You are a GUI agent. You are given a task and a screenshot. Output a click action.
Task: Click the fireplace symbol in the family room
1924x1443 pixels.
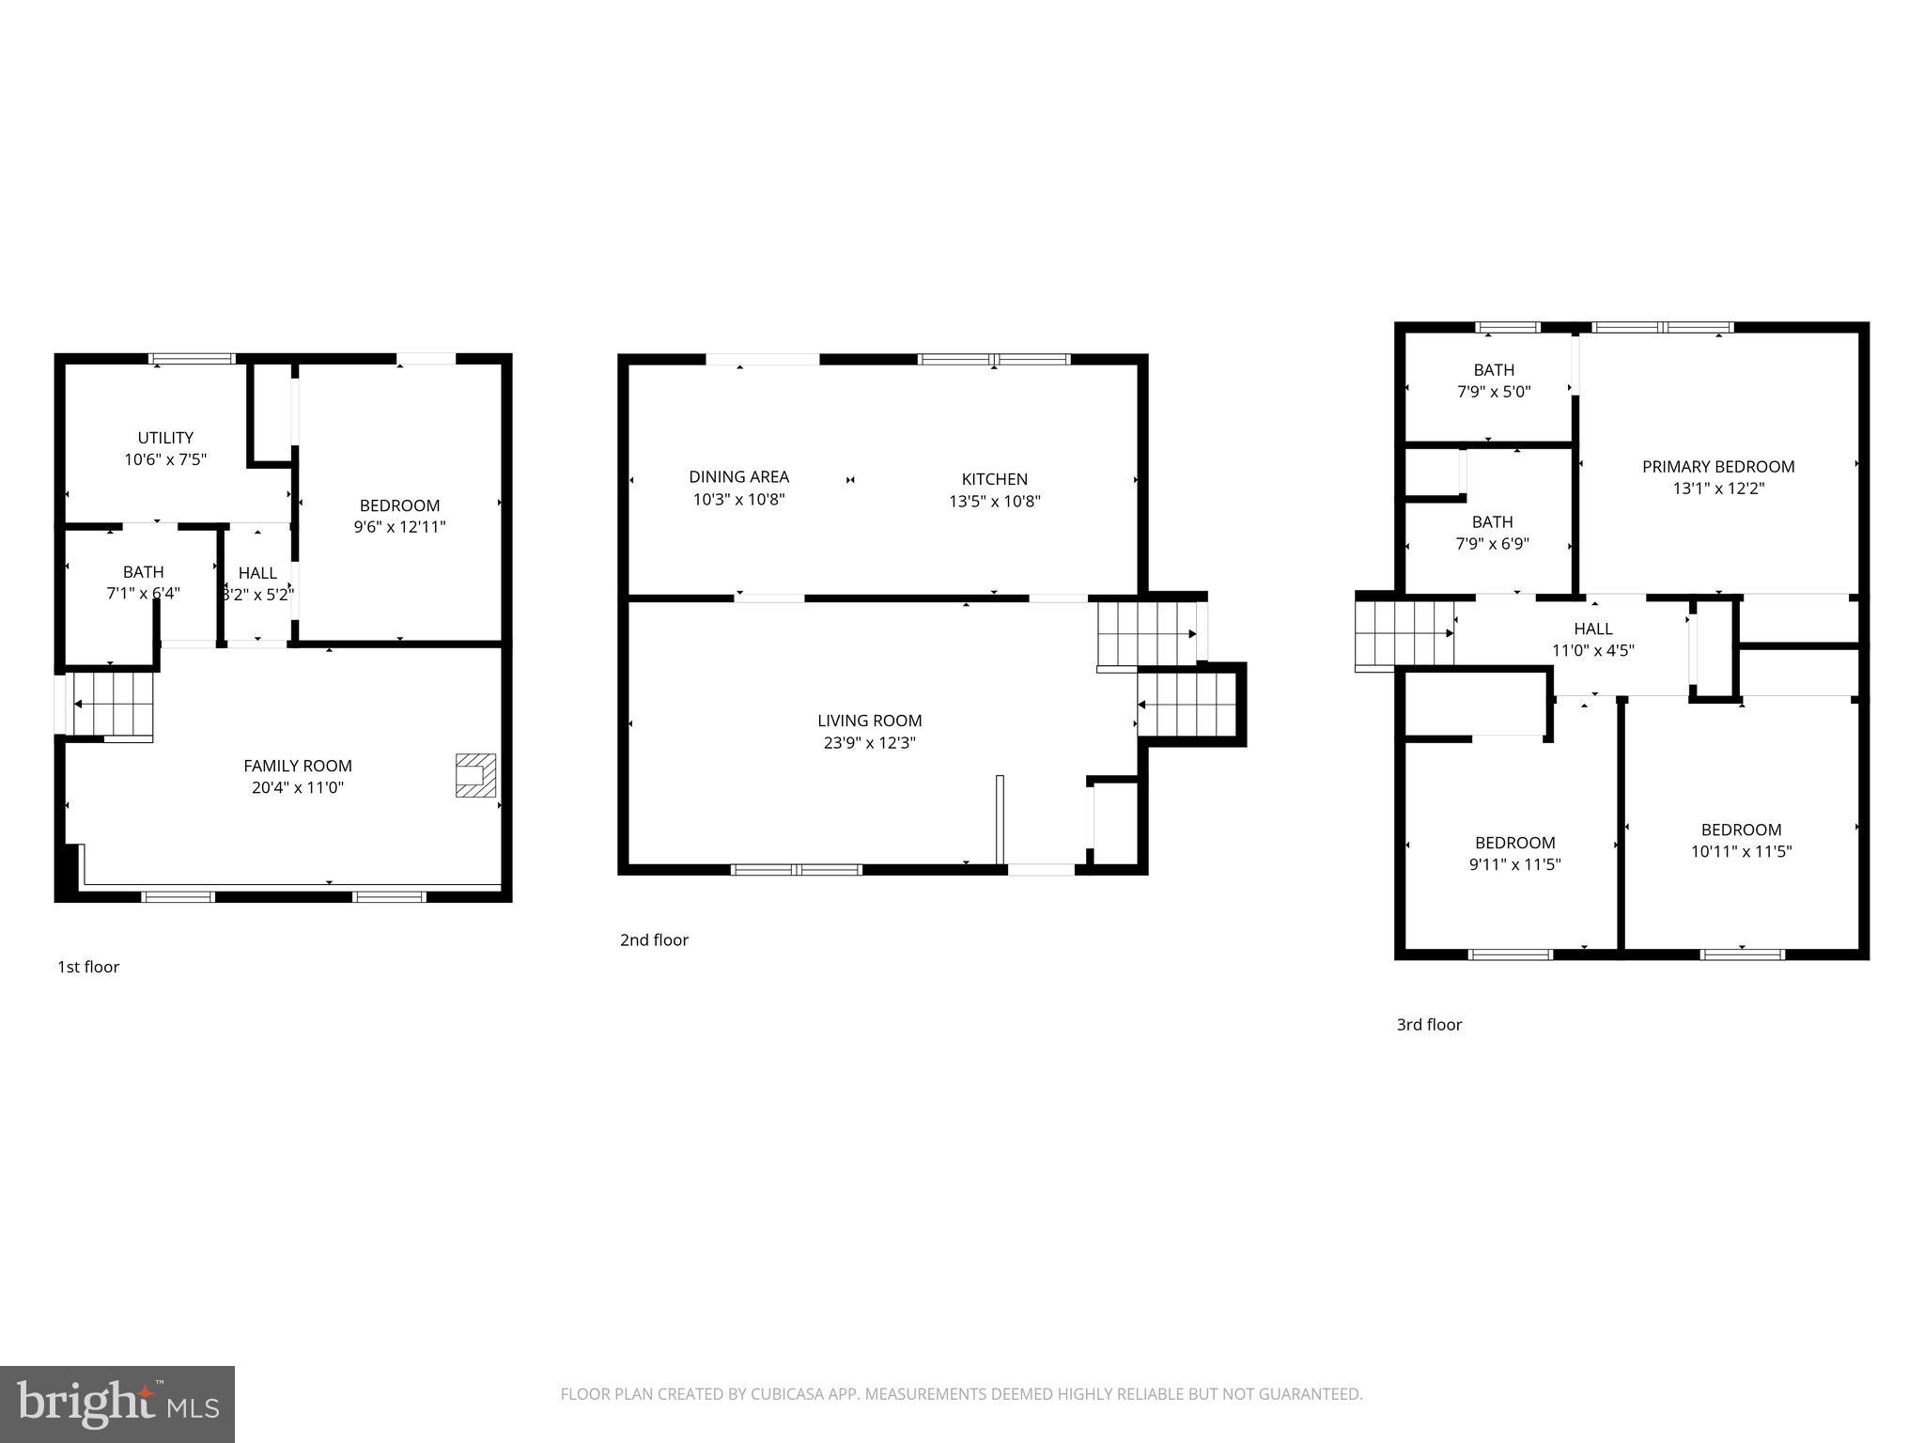point(475,775)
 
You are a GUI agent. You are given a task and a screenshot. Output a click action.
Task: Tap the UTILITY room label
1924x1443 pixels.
point(165,438)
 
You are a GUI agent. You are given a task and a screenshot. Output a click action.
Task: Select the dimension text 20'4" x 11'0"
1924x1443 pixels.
point(298,788)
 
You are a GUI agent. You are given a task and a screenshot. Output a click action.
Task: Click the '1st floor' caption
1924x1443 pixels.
point(88,967)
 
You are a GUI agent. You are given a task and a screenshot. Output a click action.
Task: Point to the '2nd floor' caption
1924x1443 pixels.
point(654,939)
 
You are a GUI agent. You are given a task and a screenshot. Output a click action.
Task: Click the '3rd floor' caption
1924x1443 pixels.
point(1429,1024)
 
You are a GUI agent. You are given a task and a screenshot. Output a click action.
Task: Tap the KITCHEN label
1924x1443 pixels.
point(994,479)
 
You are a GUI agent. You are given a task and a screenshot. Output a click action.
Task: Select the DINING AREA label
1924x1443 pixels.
point(738,477)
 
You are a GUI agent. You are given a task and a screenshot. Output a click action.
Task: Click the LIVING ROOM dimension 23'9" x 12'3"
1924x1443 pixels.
point(869,743)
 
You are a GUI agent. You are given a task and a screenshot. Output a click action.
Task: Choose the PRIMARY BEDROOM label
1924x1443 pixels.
point(1718,467)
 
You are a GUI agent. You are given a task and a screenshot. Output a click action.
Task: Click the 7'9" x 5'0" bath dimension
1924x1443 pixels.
point(1494,392)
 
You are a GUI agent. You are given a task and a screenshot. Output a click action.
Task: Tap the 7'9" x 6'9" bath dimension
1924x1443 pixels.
point(1493,544)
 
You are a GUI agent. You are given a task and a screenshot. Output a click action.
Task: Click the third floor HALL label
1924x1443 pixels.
point(1593,629)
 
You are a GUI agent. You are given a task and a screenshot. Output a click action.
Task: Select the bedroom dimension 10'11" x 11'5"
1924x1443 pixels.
point(1742,852)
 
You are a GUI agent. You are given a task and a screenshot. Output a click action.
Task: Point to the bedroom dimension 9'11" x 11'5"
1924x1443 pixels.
point(1514,865)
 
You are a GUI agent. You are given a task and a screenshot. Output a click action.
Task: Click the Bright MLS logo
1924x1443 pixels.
point(117,1404)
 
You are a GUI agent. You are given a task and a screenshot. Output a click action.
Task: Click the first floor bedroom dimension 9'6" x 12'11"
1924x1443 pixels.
point(399,528)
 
